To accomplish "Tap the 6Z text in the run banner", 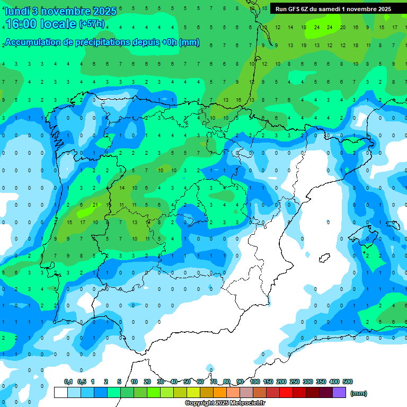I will pyautogui.click(x=305, y=9).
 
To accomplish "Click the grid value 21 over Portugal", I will pyautogui.click(x=95, y=205).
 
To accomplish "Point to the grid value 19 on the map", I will pyautogui.click(x=304, y=46).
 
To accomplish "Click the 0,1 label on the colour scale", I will pyautogui.click(x=68, y=382).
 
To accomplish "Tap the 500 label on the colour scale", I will pyautogui.click(x=348, y=382).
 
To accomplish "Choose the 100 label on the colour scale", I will pyautogui.click(x=255, y=382).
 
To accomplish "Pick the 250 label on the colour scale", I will pyautogui.click(x=295, y=382).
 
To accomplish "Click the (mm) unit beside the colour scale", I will pyautogui.click(x=359, y=393).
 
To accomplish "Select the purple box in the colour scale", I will pyautogui.click(x=339, y=393).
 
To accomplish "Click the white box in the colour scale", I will pyautogui.click(x=61, y=393).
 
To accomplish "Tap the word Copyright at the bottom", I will pyautogui.click(x=200, y=403).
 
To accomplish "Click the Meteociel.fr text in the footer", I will pyautogui.click(x=247, y=403).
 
